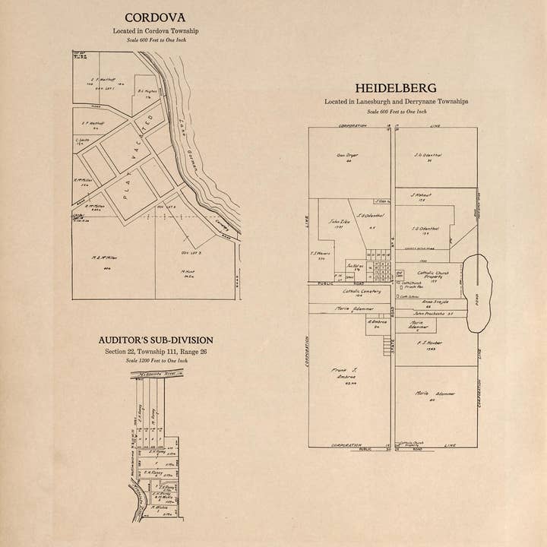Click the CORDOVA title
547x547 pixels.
click(155, 17)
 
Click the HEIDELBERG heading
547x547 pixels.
click(396, 87)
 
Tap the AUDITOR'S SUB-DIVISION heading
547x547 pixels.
click(156, 340)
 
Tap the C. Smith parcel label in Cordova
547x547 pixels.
click(83, 141)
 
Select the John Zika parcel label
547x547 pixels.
click(338, 223)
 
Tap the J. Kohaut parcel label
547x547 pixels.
click(422, 197)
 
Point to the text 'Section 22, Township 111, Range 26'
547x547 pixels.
click(156, 352)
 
